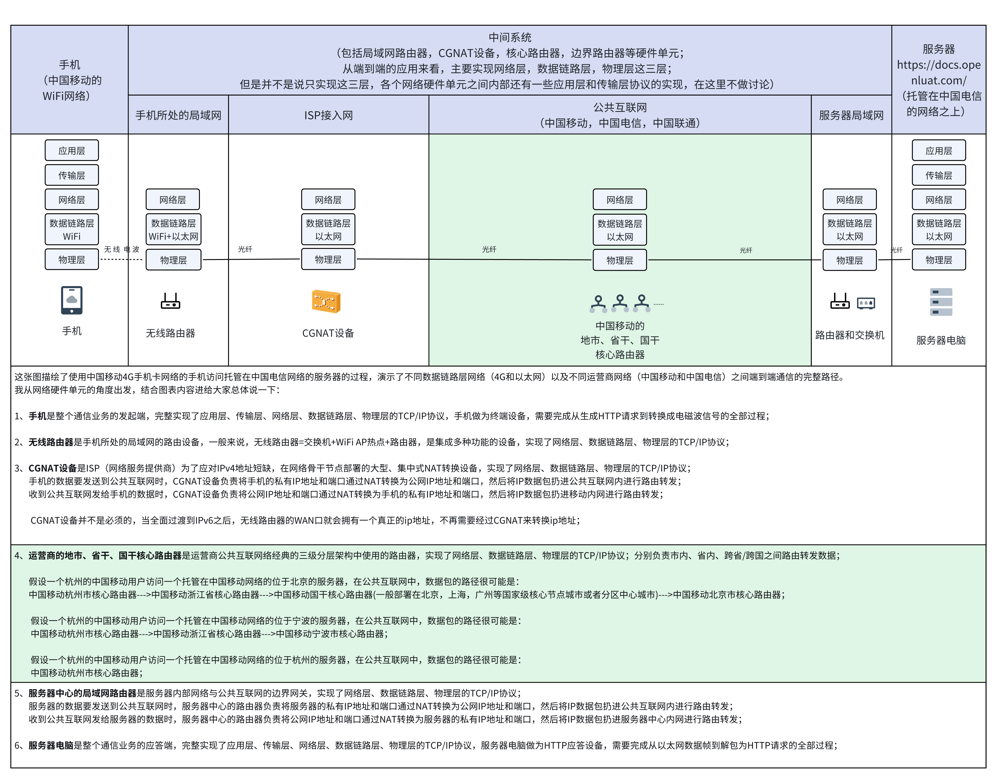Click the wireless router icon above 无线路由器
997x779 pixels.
[170, 301]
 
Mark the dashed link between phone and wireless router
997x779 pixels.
[121, 259]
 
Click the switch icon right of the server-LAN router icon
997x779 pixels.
[866, 303]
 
